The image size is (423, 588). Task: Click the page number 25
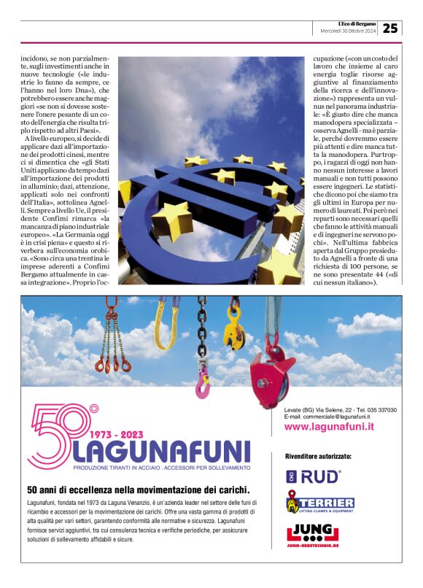[x=391, y=28]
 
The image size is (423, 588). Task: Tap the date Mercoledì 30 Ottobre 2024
[x=349, y=31]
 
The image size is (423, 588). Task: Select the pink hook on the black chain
[x=202, y=382]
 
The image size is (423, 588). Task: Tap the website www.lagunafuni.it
[x=329, y=427]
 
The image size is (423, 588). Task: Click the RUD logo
[x=313, y=477]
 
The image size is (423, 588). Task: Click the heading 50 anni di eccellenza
[x=138, y=490]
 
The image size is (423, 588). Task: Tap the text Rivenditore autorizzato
[x=318, y=456]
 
